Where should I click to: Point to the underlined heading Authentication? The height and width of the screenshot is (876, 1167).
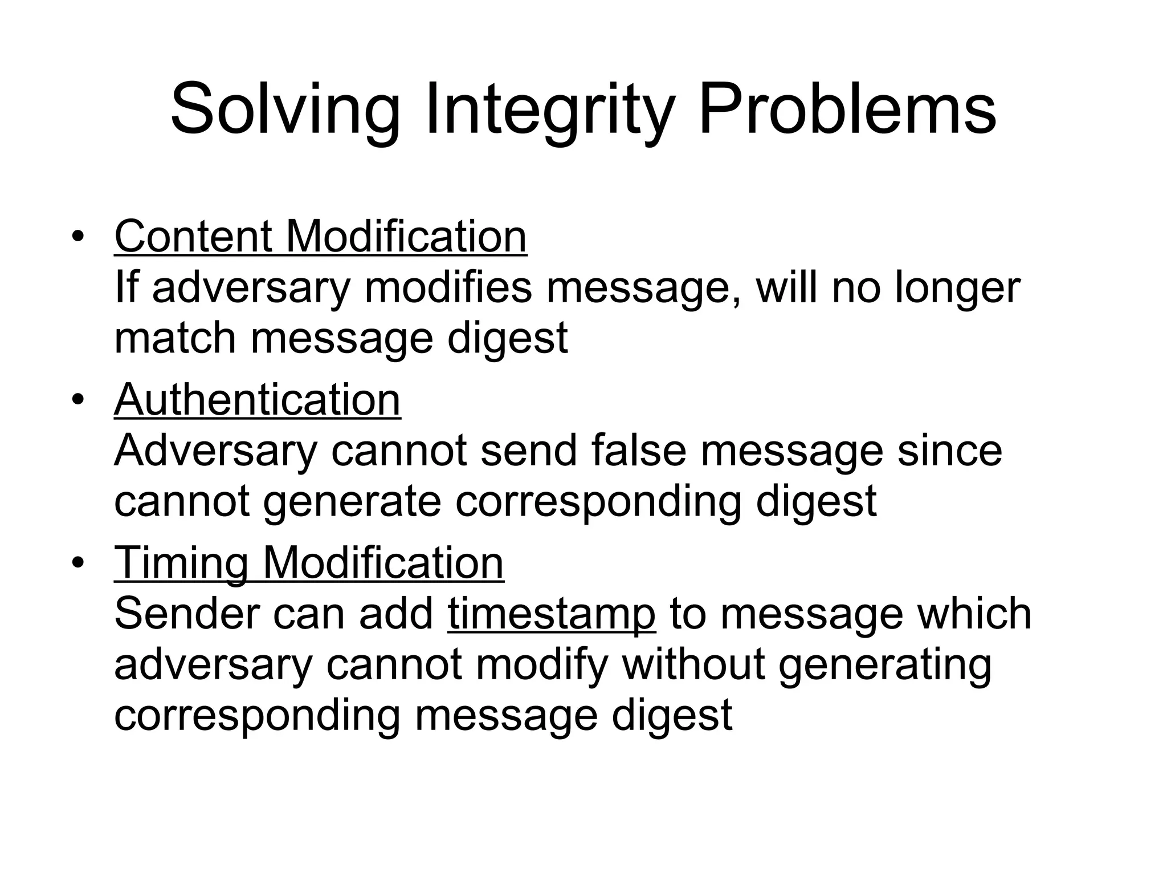(x=258, y=400)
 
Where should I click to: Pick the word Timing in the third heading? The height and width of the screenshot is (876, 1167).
(x=181, y=563)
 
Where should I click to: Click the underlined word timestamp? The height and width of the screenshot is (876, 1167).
(x=552, y=614)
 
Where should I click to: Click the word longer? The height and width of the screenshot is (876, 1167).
(x=957, y=287)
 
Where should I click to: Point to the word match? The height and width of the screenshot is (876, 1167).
(x=175, y=338)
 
